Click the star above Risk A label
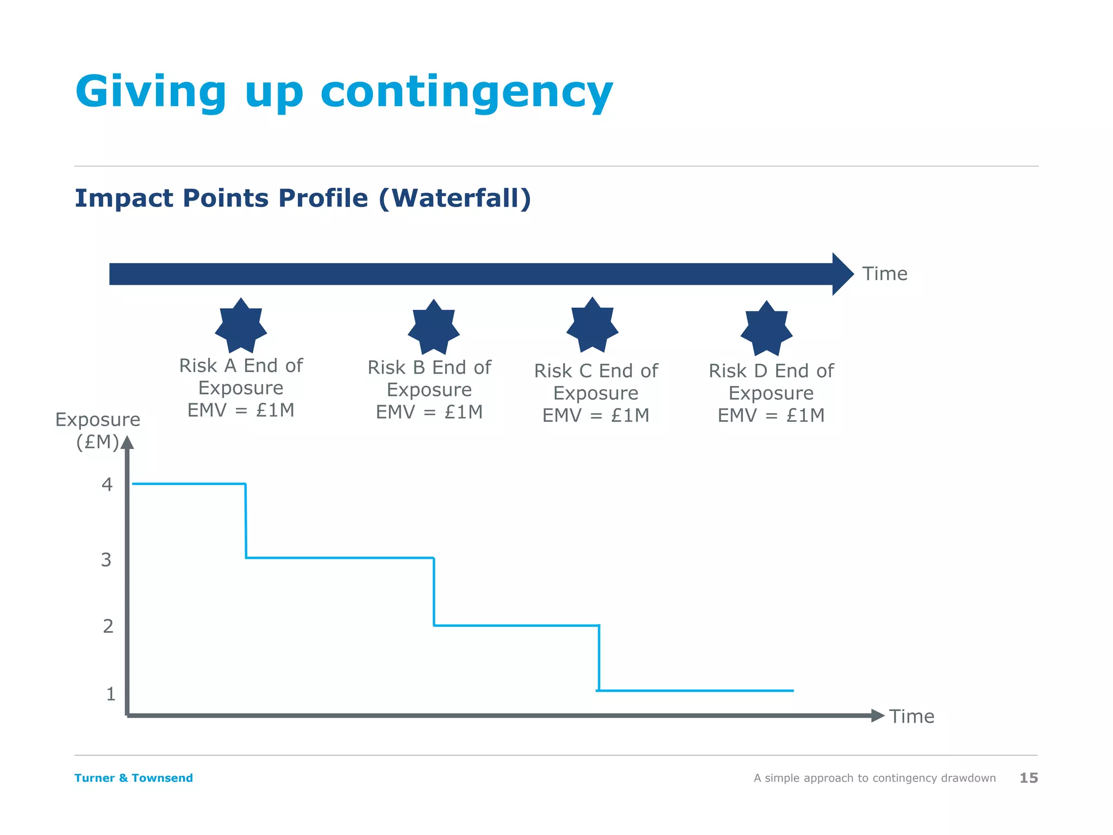tap(241, 326)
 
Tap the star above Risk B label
tap(434, 327)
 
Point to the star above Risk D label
tap(766, 328)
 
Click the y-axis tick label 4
tap(107, 484)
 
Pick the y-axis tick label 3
tap(106, 560)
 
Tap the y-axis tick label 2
tap(108, 626)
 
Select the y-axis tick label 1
tap(111, 694)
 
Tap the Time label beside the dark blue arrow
tap(885, 273)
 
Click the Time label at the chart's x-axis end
tap(911, 716)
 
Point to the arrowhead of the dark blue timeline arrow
tap(842, 274)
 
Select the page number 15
tap(1028, 778)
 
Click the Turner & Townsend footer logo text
tap(134, 778)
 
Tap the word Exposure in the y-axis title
tap(98, 420)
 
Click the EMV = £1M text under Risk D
tap(771, 415)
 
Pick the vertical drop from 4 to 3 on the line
tap(246, 521)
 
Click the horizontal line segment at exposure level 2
tap(516, 626)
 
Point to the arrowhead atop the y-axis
tap(127, 443)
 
